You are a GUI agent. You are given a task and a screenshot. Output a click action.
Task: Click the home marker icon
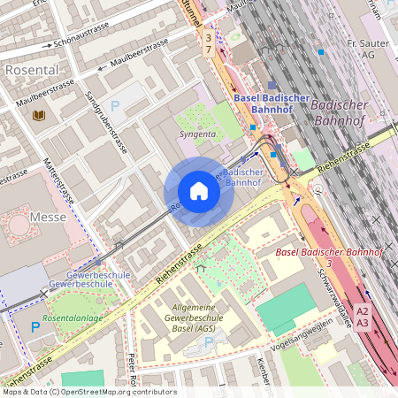199,191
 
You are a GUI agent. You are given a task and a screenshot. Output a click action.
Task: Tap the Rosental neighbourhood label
32,69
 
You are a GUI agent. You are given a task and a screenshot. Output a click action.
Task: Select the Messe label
48,216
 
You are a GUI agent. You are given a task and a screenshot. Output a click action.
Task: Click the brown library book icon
39,116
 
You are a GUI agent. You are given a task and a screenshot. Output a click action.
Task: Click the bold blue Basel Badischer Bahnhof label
265,103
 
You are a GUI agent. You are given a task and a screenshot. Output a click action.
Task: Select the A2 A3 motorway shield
363,317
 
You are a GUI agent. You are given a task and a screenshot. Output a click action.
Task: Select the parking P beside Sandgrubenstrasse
114,105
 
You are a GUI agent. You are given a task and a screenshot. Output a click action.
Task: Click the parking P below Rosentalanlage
35,326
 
